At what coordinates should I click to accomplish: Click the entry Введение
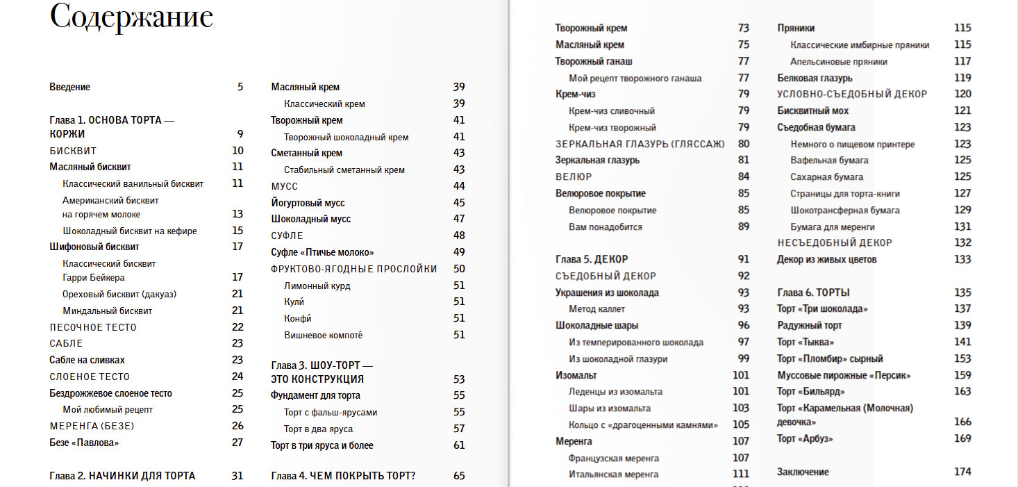pyautogui.click(x=69, y=88)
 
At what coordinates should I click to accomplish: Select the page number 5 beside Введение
pyautogui.click(x=240, y=88)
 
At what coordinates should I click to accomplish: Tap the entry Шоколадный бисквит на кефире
pyautogui.click(x=129, y=231)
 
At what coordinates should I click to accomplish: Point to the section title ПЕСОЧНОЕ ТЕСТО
pyautogui.click(x=93, y=327)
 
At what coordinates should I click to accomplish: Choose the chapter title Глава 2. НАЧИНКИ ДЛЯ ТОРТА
pyautogui.click(x=122, y=476)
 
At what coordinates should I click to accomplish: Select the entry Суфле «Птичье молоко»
pyautogui.click(x=322, y=252)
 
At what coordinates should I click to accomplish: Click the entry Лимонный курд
pyautogui.click(x=317, y=286)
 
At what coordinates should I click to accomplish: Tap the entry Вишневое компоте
pyautogui.click(x=323, y=336)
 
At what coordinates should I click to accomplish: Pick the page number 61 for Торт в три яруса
pyautogui.click(x=458, y=445)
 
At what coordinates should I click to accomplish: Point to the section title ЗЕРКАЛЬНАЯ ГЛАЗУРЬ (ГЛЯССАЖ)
pyautogui.click(x=640, y=144)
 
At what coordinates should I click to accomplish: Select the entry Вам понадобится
pyautogui.click(x=605, y=227)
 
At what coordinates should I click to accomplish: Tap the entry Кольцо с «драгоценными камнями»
pyautogui.click(x=643, y=424)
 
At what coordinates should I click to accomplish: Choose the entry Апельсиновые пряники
pyautogui.click(x=838, y=62)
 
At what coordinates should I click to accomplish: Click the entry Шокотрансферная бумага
pyautogui.click(x=844, y=211)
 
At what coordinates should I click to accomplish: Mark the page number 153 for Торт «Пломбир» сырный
pyautogui.click(x=962, y=358)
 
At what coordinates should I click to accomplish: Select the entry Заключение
pyautogui.click(x=803, y=472)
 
